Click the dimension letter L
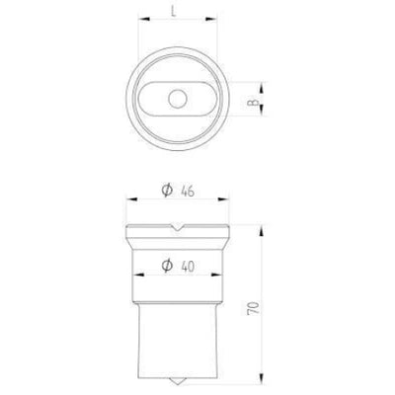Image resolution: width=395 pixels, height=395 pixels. [174, 11]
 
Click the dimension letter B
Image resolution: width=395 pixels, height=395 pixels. [253, 103]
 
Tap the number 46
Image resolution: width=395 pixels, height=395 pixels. [188, 191]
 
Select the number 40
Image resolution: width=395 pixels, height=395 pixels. [188, 267]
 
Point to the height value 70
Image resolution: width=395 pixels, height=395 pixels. [253, 308]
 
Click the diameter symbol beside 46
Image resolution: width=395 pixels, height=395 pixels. [167, 190]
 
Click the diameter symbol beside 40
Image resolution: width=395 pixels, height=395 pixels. [167, 266]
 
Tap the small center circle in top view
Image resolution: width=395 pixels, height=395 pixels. [178, 99]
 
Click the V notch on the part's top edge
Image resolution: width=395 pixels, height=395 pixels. [177, 227]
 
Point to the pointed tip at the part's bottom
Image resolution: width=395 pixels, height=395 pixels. [177, 384]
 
